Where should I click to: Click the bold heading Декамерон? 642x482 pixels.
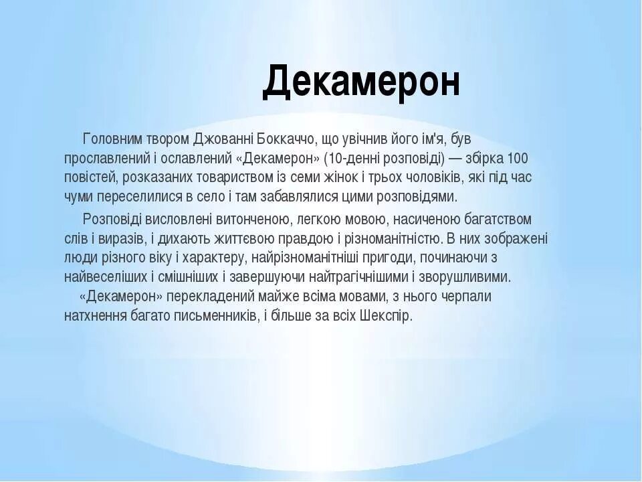pos(361,82)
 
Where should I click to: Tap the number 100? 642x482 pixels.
pos(518,159)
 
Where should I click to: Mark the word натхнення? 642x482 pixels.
pos(96,315)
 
